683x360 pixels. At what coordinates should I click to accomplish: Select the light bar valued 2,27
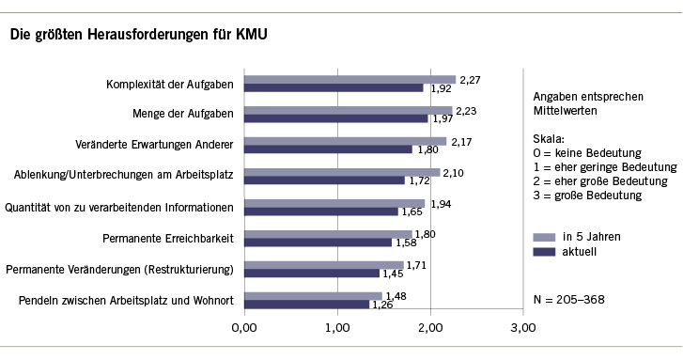pyautogui.click(x=349, y=79)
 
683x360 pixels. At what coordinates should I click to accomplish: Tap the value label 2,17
pyautogui.click(x=461, y=142)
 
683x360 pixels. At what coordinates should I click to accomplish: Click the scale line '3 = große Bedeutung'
pyautogui.click(x=585, y=196)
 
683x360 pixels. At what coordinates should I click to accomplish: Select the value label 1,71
pyautogui.click(x=417, y=264)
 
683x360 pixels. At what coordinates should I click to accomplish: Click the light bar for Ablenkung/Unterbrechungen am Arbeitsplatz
pyautogui.click(x=342, y=171)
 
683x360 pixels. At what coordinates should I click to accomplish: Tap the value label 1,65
pyautogui.click(x=411, y=211)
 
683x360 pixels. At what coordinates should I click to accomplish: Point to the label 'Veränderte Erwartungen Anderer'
pyautogui.click(x=155, y=146)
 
